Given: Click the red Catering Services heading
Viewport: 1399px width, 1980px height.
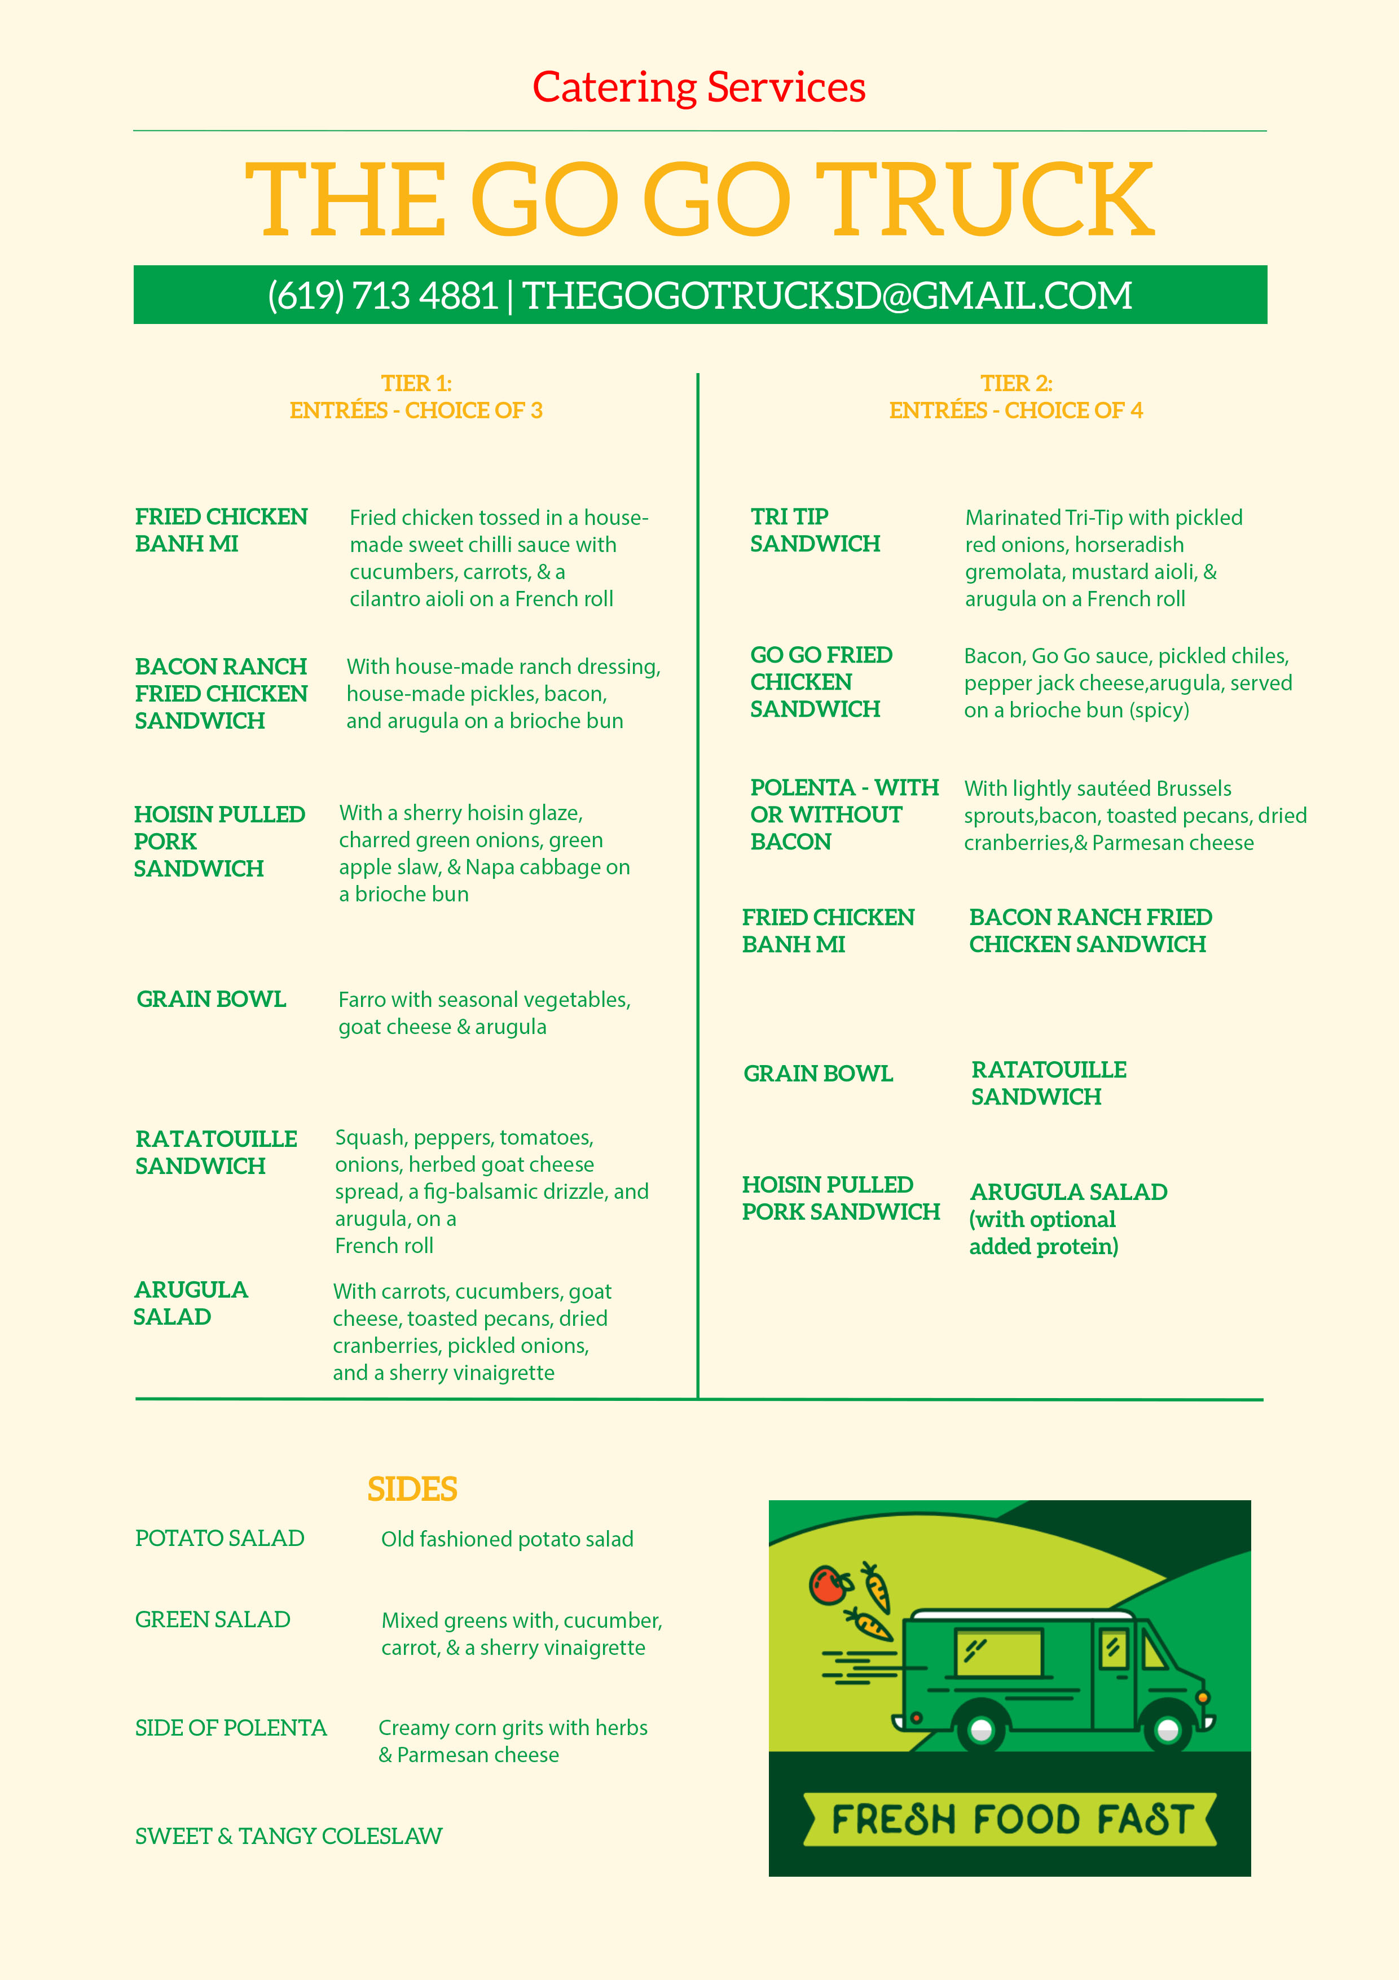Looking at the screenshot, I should coord(699,87).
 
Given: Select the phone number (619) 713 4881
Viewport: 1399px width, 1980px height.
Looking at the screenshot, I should coord(382,296).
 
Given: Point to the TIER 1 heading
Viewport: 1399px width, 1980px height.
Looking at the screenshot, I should coord(416,384).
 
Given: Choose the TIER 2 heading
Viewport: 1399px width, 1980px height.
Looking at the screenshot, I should coord(1017,384).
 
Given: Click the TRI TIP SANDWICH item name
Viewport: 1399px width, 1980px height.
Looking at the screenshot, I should coord(815,531).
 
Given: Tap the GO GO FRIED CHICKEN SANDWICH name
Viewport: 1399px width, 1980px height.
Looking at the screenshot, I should coord(821,682).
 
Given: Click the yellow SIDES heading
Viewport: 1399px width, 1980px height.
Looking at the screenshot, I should coord(412,1490).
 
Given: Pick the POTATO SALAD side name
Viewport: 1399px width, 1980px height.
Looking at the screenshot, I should coord(220,1539).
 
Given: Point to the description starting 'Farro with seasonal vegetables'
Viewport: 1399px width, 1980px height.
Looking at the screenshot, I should coord(485,1013).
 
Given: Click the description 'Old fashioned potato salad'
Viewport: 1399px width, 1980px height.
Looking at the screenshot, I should coord(507,1539).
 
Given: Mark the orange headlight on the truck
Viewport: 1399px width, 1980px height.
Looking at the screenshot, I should coord(1203,1697).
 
